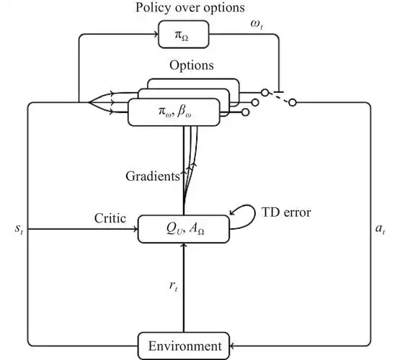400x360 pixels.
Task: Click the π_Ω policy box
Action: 184,35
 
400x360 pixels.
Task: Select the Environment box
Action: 184,346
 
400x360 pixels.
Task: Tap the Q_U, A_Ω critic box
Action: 184,229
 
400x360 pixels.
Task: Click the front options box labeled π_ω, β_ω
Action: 174,112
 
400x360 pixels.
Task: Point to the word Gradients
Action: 153,176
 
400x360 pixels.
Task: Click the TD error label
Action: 286,212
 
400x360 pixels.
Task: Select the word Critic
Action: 110,218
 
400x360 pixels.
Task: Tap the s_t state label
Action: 19,228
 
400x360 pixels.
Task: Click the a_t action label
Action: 380,228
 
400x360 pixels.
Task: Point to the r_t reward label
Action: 173,286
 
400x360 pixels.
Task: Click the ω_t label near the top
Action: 256,24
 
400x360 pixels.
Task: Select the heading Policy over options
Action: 190,7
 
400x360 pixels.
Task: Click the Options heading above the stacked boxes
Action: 192,66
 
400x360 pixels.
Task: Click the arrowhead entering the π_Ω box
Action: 156,34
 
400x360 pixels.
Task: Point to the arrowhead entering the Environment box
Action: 232,346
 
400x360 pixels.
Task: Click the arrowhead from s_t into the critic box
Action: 135,229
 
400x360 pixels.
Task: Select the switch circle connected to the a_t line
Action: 293,103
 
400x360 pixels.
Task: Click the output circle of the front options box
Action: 246,112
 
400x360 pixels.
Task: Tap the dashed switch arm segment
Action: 279,98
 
